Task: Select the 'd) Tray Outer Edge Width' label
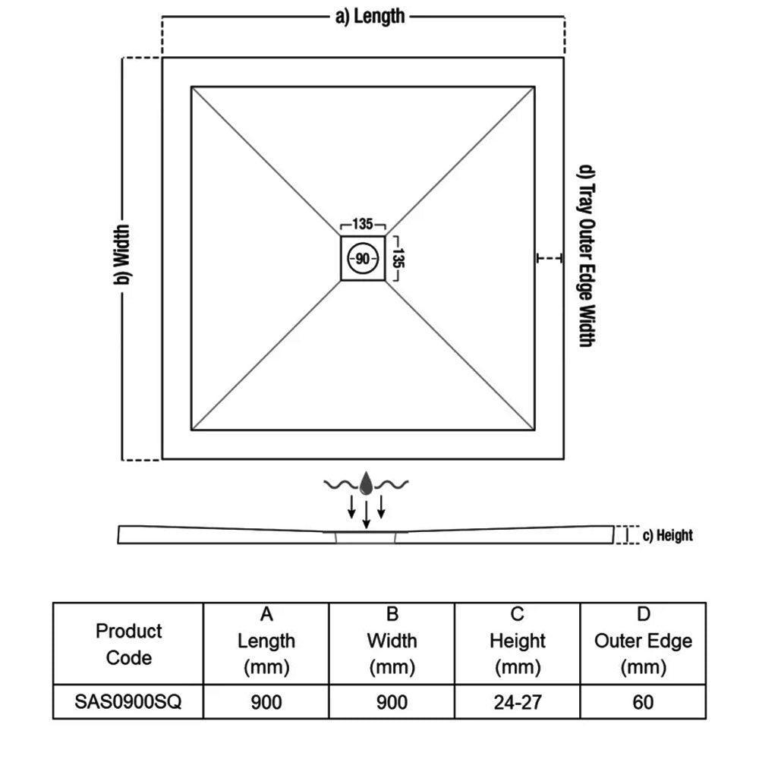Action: (x=585, y=256)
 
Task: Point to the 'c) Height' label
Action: (x=668, y=535)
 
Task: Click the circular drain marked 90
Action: (x=363, y=259)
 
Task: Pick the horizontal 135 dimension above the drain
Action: (x=363, y=225)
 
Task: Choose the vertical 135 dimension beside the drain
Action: (x=396, y=259)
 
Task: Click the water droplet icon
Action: (x=367, y=483)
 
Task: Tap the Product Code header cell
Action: (x=128, y=644)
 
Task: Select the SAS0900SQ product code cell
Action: (x=128, y=702)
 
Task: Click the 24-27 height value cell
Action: (x=518, y=702)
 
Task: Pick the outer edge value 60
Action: (x=643, y=702)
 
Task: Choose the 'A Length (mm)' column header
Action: (x=266, y=641)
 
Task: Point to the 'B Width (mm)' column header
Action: (x=392, y=641)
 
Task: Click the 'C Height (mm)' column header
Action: (x=518, y=641)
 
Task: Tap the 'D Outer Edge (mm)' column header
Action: (x=643, y=641)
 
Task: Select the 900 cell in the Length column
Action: (x=266, y=702)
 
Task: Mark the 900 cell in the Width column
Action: (x=392, y=702)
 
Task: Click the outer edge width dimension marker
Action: (x=550, y=259)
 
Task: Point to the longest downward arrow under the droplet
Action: (x=367, y=514)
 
